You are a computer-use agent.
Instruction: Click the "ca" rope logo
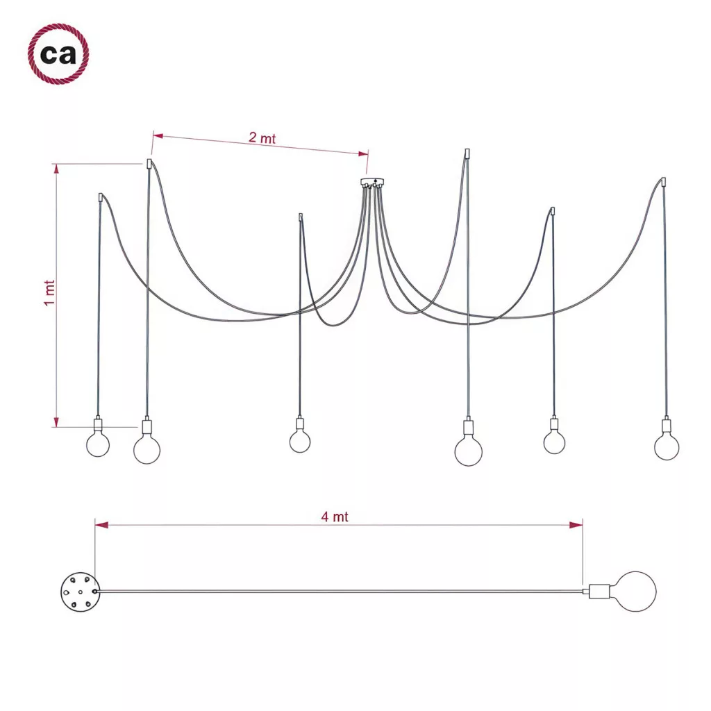point(58,54)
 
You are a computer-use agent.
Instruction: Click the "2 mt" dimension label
point(262,138)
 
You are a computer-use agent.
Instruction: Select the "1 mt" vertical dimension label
point(49,293)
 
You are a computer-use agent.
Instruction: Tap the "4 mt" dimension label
point(335,517)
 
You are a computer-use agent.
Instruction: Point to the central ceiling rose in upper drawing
point(372,183)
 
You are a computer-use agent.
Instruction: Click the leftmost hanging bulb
point(98,444)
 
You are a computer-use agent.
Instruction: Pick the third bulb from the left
point(300,441)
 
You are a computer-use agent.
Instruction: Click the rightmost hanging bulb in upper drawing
point(667,447)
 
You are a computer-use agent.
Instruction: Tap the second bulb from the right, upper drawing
point(554,442)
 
